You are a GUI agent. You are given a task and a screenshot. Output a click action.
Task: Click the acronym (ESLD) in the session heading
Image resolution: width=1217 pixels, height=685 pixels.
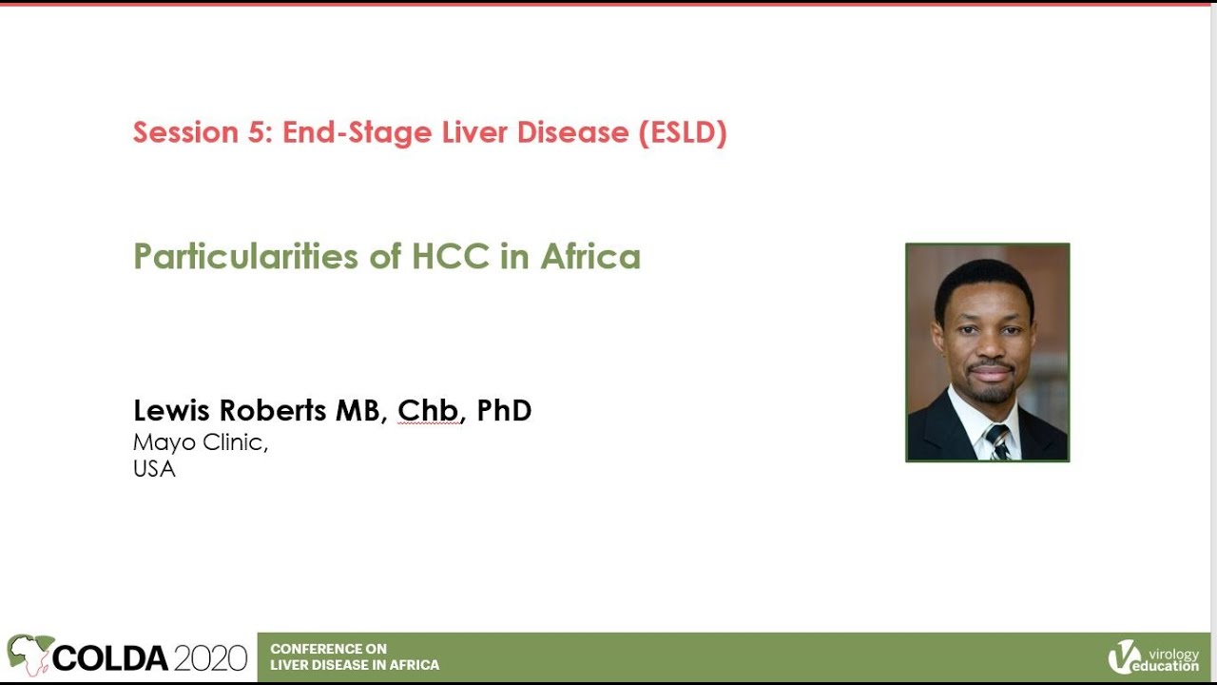[x=683, y=132]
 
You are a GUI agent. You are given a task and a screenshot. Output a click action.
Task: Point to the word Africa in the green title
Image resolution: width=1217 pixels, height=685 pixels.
[x=590, y=257]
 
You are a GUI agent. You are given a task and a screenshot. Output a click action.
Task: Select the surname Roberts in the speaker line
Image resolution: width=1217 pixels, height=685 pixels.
[x=274, y=410]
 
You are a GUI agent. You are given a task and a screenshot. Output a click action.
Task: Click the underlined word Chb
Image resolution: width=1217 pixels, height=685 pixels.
[x=429, y=410]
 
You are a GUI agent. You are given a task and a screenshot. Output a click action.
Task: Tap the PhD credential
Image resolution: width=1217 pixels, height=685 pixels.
[x=504, y=410]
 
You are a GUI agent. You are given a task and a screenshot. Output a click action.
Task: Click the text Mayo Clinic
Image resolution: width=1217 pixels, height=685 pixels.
[x=200, y=442]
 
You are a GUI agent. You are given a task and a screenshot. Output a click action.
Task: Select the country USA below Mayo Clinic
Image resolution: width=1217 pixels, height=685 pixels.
[x=154, y=469]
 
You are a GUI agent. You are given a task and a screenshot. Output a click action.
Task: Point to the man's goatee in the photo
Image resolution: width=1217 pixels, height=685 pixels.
[x=989, y=391]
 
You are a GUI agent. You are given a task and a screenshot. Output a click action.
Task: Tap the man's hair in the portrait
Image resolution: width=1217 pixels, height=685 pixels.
[x=983, y=280]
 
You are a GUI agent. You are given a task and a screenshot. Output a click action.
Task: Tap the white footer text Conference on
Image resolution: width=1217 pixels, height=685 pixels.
[x=328, y=649]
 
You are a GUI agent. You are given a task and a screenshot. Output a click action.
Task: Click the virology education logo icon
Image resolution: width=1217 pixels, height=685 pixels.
[x=1124, y=656]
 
